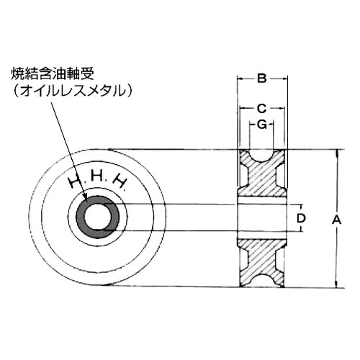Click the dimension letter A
click(335, 222)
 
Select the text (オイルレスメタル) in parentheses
click(74, 91)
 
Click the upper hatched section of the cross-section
click(261, 180)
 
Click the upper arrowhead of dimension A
click(336, 152)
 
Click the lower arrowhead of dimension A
click(336, 285)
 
